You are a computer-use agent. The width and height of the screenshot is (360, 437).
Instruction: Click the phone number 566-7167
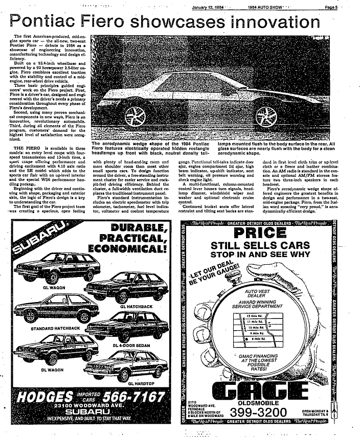pos(134,396)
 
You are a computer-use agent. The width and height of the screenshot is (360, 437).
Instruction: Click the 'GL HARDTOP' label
pos(143,383)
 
